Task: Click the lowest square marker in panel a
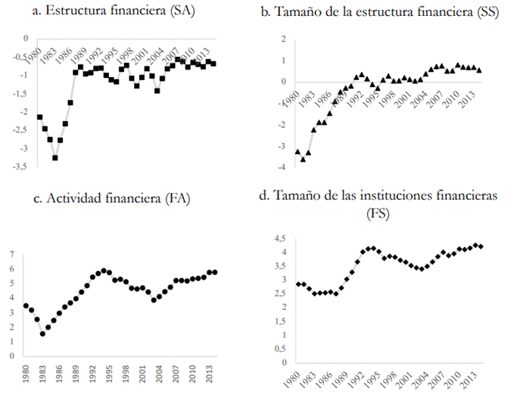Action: pyautogui.click(x=55, y=158)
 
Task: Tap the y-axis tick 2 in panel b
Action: pyautogui.click(x=282, y=39)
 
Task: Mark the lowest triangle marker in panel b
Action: pyautogui.click(x=303, y=160)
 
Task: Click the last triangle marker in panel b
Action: pyautogui.click(x=478, y=70)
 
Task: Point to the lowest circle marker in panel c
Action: pyautogui.click(x=43, y=333)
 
